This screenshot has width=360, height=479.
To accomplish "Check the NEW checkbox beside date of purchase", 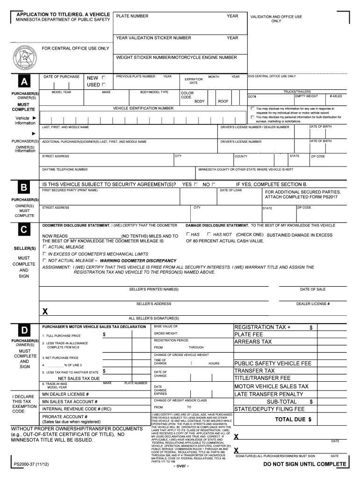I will [x=103, y=78].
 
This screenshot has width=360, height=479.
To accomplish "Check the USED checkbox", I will [x=103, y=85].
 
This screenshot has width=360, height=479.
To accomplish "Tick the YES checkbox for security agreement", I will [x=195, y=185].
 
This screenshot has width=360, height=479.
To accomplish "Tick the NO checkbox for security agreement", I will [x=213, y=185].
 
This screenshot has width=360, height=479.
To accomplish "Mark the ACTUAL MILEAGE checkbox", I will [x=45, y=247].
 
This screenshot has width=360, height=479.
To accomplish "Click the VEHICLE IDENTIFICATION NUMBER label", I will [x=143, y=108].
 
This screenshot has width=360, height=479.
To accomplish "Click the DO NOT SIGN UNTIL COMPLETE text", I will [x=305, y=464].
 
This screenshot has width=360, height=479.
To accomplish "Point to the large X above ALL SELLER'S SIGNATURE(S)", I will [x=45, y=311].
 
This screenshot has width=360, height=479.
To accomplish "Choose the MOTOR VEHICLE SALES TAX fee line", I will [x=271, y=386].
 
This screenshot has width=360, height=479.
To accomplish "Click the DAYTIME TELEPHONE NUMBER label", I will [x=65, y=169].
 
